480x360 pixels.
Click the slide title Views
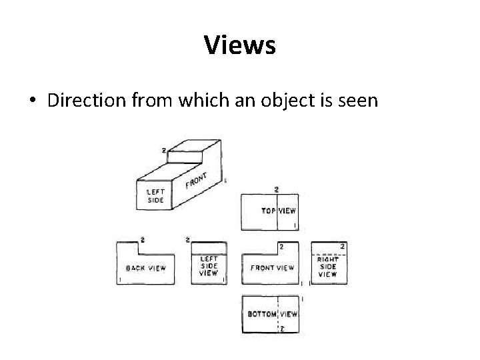click(239, 45)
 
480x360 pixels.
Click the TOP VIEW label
click(279, 211)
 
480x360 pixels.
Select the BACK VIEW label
click(146, 268)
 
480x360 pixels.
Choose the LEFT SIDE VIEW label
click(209, 266)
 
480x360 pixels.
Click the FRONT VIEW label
click(272, 268)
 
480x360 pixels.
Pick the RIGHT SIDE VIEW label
click(328, 267)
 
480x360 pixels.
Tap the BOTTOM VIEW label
click(272, 313)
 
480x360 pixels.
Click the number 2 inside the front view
click(281, 247)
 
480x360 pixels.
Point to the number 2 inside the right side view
click(343, 247)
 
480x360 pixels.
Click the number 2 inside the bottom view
click(282, 328)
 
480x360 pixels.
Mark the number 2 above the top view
click(277, 189)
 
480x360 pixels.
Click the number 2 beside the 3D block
click(163, 151)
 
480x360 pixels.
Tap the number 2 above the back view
click(143, 239)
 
